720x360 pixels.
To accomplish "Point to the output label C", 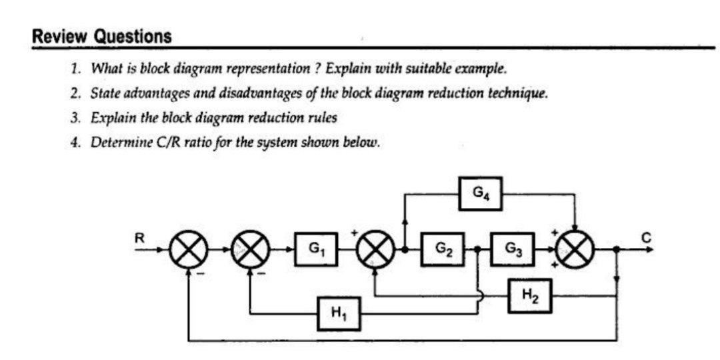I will [x=645, y=237].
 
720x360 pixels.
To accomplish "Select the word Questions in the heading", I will [x=132, y=37].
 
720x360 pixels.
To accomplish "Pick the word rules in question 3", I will [x=323, y=117].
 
